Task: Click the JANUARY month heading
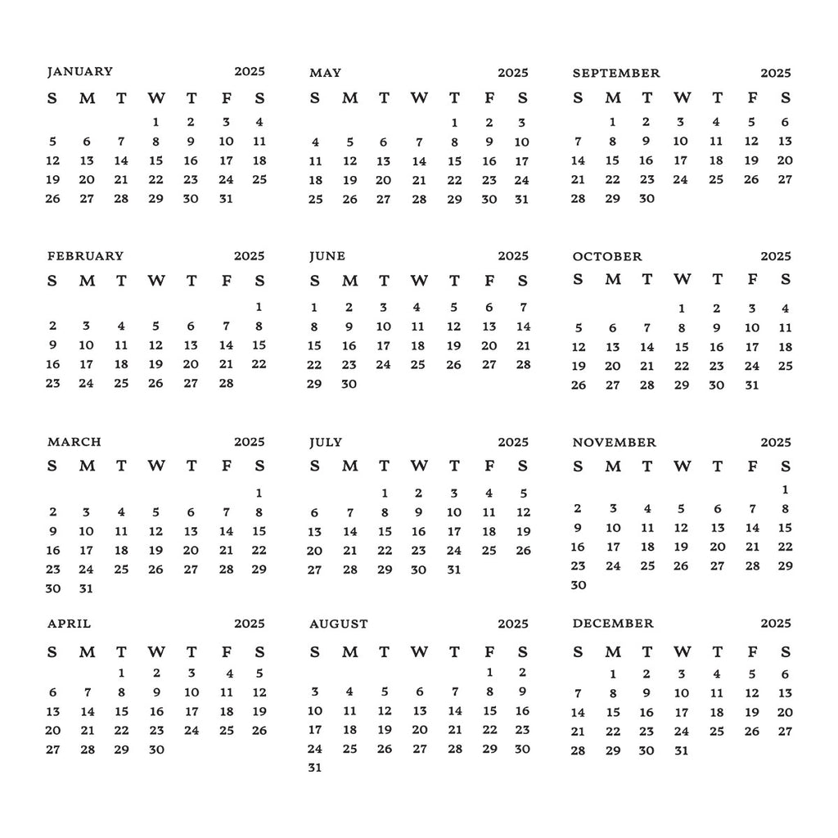tap(79, 72)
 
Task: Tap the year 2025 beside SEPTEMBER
tap(775, 73)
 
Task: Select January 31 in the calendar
tap(226, 198)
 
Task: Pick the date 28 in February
tap(226, 383)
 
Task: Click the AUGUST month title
tap(339, 624)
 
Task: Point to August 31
tap(315, 768)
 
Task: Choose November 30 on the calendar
tap(579, 585)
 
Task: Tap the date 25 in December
tap(717, 732)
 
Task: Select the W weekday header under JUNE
tap(419, 281)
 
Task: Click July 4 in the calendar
tap(489, 493)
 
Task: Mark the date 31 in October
tap(751, 385)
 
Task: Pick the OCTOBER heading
tap(607, 257)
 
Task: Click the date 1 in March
tap(259, 493)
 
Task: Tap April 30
tap(156, 749)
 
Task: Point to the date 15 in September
tap(612, 160)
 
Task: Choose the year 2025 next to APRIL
tap(250, 624)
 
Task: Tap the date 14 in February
tap(226, 345)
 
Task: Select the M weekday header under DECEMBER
tap(613, 652)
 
